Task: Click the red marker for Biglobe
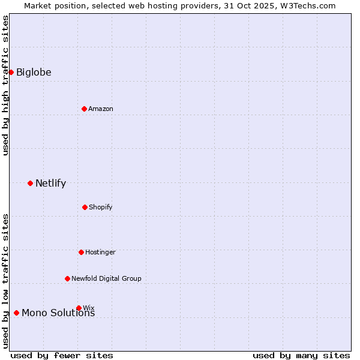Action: pos(11,72)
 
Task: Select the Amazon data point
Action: pos(84,109)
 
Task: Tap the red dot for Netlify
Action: pos(30,183)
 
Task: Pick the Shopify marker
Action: pos(85,207)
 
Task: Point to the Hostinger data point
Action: pos(81,252)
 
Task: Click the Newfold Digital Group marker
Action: pos(67,278)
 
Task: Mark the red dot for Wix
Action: pos(79,308)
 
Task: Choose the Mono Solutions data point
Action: pos(16,313)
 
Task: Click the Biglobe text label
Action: pos(34,73)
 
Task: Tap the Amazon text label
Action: pos(101,109)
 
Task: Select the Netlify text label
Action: pos(50,184)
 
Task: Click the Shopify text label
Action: pos(101,207)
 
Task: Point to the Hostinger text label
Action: pos(100,252)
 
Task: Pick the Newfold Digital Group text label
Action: pos(106,278)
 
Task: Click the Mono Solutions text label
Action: pos(58,313)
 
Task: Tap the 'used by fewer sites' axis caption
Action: pos(62,355)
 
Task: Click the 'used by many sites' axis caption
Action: pos(301,355)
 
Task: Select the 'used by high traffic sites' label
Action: pos(5,85)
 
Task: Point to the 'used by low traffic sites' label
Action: pos(5,281)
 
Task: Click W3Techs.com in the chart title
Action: pos(306,5)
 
